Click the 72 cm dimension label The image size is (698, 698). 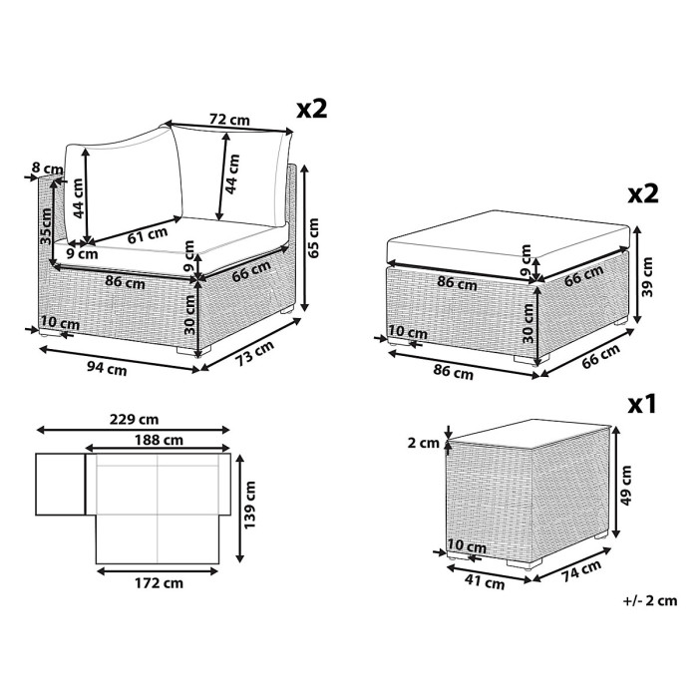(229, 120)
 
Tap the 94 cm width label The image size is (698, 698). (107, 369)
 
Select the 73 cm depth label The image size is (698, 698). (254, 353)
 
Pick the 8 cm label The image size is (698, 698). (47, 170)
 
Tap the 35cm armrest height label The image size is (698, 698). (46, 225)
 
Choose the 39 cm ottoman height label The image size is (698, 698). (648, 277)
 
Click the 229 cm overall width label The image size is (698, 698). (134, 420)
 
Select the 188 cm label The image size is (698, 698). (159, 441)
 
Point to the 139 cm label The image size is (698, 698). (250, 505)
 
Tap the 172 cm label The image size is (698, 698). (159, 583)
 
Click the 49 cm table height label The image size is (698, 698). (626, 486)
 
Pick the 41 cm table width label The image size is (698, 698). (486, 581)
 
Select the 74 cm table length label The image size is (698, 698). (581, 571)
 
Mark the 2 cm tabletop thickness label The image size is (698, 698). (424, 444)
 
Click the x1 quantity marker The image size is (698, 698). (642, 405)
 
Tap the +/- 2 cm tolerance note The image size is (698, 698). (650, 601)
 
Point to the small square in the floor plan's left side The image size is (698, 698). (60, 485)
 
